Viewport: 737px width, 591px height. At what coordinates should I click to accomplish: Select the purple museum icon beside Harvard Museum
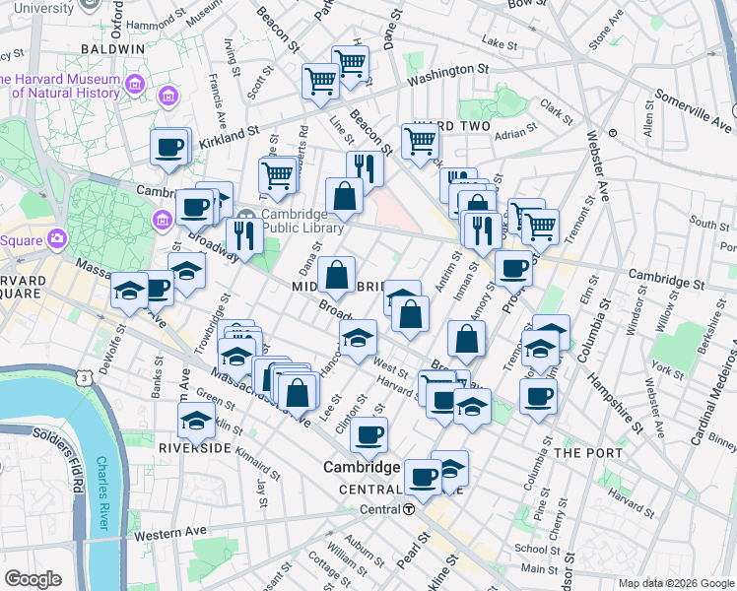[167, 96]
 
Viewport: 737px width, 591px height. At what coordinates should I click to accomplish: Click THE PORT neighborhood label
[588, 452]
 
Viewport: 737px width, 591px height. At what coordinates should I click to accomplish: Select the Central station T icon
[407, 509]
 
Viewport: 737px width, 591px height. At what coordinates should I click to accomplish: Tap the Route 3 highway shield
[86, 378]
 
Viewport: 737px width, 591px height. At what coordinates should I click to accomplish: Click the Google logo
[33, 579]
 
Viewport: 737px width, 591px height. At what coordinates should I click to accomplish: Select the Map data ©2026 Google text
[676, 583]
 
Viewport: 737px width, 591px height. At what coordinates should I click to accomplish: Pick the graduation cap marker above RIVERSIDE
[196, 422]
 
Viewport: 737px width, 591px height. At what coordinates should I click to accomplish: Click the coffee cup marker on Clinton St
[369, 433]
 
